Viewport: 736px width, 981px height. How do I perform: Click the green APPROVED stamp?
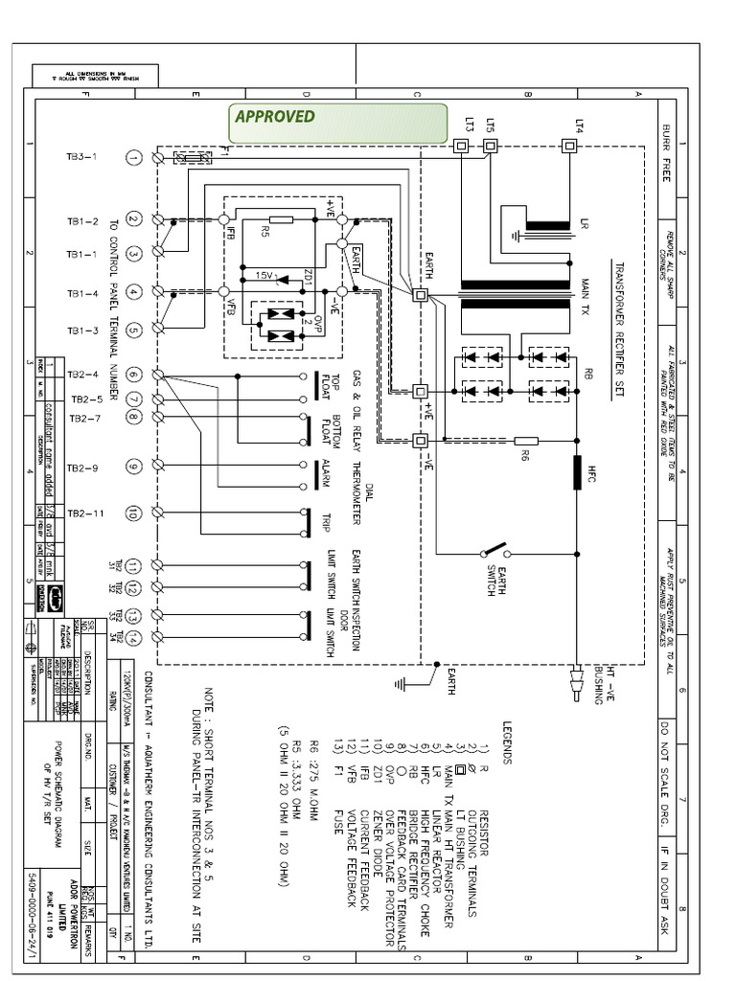tap(336, 122)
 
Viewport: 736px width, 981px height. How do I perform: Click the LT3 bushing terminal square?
tap(461, 147)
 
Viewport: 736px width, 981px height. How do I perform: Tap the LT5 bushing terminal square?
tap(491, 147)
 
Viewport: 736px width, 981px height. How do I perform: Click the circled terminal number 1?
tap(134, 157)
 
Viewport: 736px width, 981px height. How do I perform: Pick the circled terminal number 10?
tap(134, 513)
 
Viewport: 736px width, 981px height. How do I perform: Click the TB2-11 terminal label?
tap(84, 513)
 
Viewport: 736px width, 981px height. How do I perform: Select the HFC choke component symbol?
tap(577, 471)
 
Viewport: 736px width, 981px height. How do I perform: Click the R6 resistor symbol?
tap(526, 442)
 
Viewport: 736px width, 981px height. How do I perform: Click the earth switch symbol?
tap(494, 553)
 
